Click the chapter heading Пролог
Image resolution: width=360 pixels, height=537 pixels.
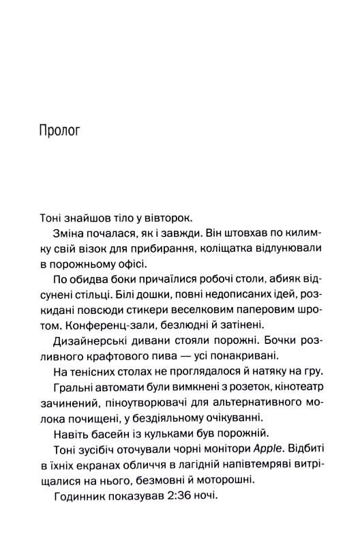pos(60,130)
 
